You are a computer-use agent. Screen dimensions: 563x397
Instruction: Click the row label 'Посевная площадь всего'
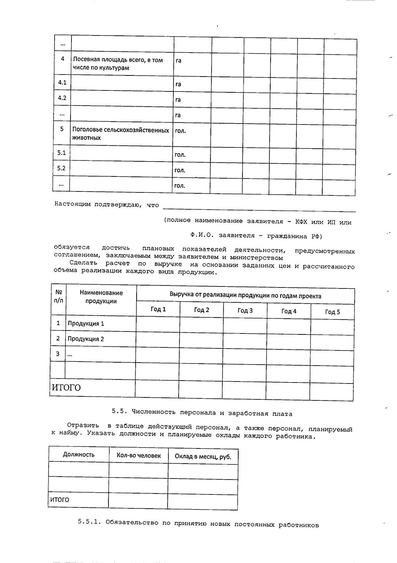117,64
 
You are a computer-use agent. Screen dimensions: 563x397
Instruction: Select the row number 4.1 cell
62,82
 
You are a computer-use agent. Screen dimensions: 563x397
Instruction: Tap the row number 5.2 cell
61,168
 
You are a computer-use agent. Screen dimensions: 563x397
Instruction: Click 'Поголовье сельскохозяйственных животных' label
120,134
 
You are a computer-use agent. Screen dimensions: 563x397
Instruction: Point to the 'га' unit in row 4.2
178,100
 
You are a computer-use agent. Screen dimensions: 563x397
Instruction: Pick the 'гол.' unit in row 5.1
180,155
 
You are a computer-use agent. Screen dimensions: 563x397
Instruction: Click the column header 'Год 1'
158,309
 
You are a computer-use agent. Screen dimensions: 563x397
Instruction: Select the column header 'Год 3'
245,310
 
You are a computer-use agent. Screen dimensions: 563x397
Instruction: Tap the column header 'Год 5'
332,312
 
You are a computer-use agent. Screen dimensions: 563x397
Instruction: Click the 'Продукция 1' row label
86,324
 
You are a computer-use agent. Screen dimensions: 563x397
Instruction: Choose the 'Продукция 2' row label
86,339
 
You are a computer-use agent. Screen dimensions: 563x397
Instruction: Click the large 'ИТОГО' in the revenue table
66,387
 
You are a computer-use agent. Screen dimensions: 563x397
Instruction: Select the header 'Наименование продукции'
101,297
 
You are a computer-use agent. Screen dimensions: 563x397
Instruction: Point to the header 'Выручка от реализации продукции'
245,296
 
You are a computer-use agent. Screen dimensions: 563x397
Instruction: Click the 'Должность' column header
79,455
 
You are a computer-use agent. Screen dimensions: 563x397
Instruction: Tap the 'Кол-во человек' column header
139,456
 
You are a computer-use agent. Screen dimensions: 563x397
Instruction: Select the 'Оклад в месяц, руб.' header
203,457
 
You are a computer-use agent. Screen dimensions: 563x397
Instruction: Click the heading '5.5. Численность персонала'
202,413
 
